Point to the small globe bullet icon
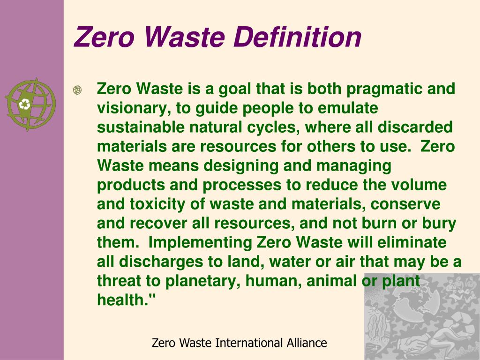point(77,90)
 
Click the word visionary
point(133,108)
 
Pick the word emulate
point(348,108)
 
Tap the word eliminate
point(412,243)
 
